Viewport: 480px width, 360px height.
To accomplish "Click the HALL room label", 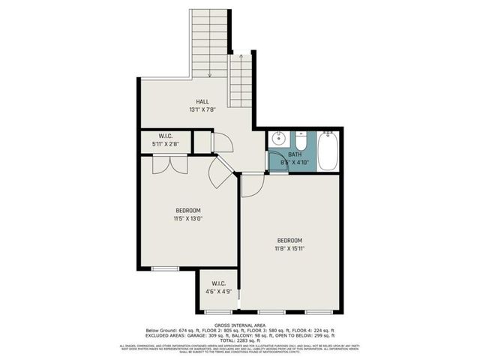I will click(x=202, y=101).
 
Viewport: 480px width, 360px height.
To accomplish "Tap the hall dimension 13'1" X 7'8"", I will click(x=202, y=110).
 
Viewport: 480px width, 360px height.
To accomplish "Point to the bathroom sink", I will click(x=277, y=139).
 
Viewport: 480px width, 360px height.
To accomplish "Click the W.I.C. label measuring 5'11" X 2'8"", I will click(x=164, y=139).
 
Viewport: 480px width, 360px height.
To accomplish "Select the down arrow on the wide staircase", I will click(x=209, y=73).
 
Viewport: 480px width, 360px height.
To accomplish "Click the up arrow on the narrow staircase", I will click(x=240, y=56).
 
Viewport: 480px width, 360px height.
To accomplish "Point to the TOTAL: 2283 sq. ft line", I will click(x=240, y=340).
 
